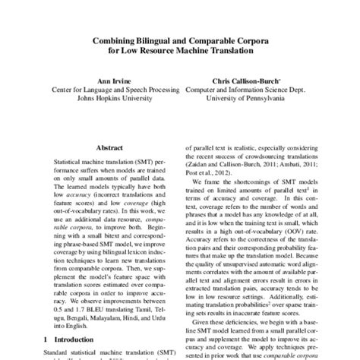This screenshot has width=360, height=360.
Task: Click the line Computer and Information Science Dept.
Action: (x=240, y=87)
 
